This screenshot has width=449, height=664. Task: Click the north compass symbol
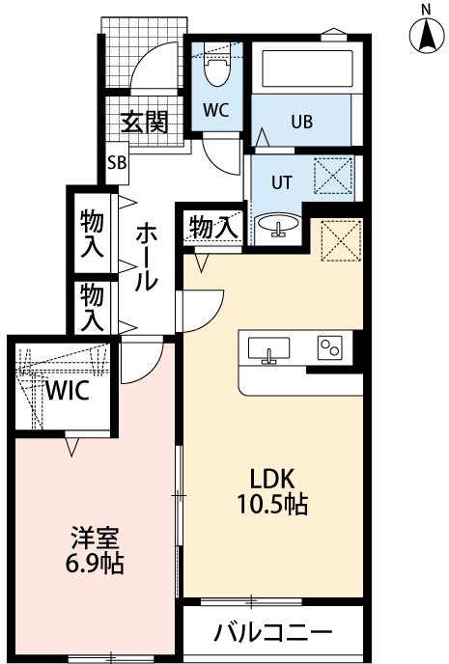[x=425, y=37]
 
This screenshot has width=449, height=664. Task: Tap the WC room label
[x=215, y=109]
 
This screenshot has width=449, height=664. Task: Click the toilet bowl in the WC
[x=216, y=69]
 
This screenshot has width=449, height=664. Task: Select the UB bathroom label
[x=301, y=123]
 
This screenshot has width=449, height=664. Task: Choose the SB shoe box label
[x=117, y=162]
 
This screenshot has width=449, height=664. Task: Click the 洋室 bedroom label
[x=95, y=537]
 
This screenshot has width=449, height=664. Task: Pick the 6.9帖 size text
[x=95, y=564]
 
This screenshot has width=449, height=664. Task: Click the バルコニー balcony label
[x=272, y=634]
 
